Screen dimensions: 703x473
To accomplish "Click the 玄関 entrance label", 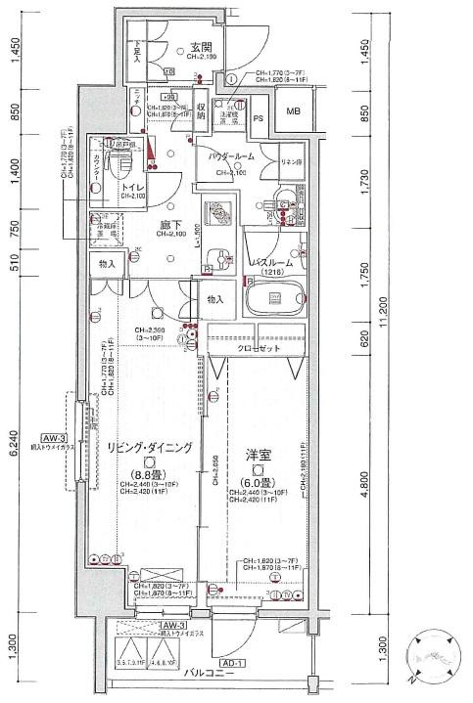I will click(x=201, y=46).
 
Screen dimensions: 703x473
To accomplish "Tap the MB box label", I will click(x=295, y=110).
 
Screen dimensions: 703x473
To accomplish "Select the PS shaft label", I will click(x=259, y=118).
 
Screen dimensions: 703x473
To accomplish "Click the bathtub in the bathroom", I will click(x=274, y=300).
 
